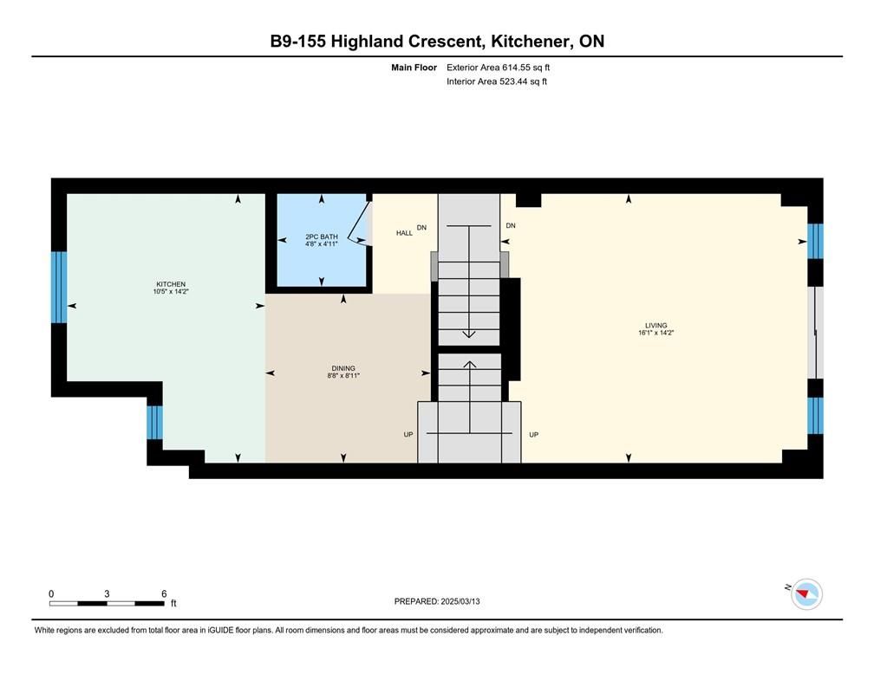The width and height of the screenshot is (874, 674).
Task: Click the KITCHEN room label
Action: point(171,284)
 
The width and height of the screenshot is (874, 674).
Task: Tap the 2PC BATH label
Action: point(322,237)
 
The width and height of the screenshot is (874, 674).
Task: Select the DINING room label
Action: point(343,368)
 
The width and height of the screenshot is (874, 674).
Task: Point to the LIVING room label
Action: point(656,325)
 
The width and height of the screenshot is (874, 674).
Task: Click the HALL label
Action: point(404,233)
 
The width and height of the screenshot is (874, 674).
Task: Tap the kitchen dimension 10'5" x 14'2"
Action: point(171,291)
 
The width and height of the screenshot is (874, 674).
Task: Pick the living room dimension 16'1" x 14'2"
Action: point(656,333)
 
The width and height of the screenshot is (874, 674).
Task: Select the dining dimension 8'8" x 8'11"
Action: point(343,375)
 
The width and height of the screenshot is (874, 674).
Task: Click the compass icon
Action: point(806,594)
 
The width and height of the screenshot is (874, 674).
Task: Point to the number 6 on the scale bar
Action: point(164,593)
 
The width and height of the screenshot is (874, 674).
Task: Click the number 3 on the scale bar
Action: point(107,593)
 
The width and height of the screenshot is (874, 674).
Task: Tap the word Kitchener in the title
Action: point(531,42)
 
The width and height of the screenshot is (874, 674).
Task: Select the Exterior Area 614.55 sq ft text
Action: point(498,68)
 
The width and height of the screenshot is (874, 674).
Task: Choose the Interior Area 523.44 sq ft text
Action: point(497,81)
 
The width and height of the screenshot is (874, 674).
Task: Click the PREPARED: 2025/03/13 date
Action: point(437,601)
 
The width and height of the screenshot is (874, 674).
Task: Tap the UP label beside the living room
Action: point(533,435)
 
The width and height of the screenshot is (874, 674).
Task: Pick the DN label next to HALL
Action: point(421,227)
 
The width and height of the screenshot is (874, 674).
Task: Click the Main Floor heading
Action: point(414,68)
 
